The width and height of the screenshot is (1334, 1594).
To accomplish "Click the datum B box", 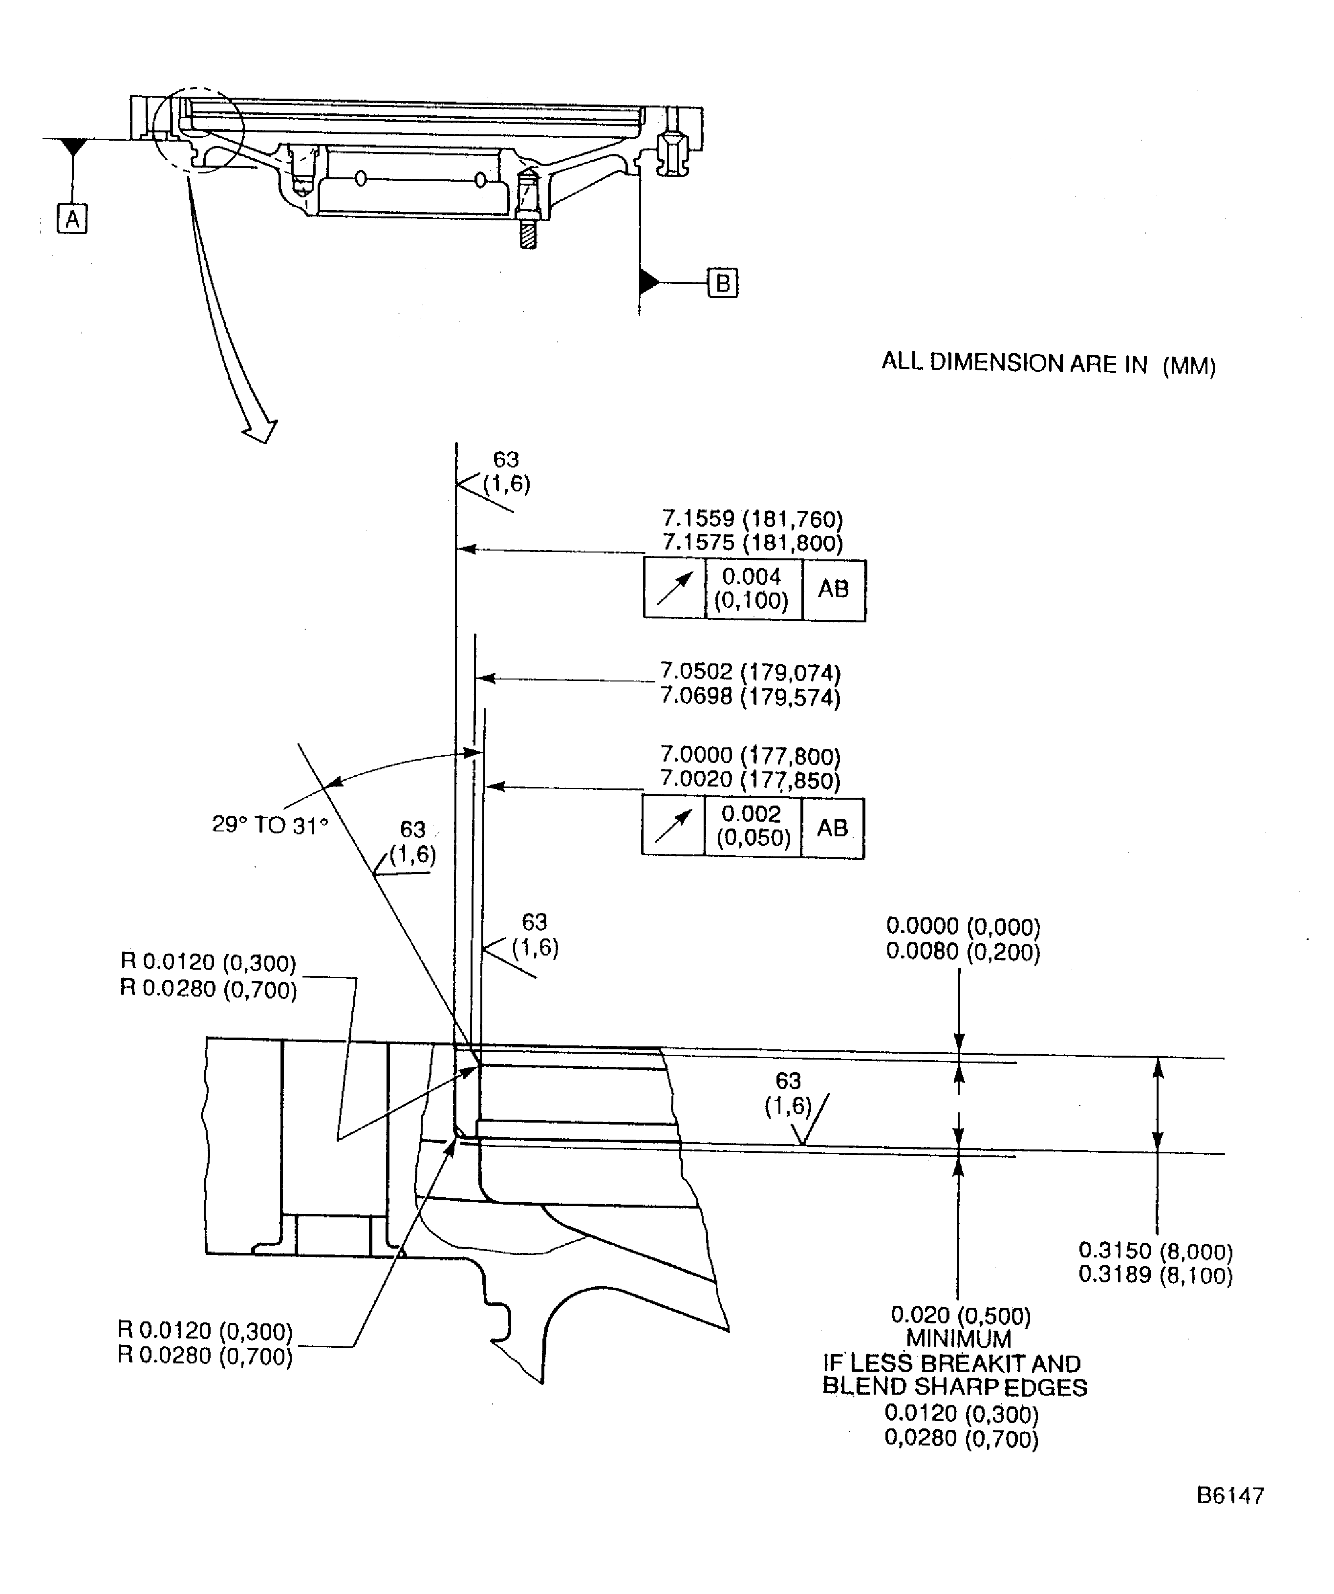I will point(722,283).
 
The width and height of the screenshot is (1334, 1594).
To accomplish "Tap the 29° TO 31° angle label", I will point(270,825).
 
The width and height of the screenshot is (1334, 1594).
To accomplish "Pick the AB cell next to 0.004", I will point(833,590).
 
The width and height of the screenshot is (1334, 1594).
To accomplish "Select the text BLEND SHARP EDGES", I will point(954,1387).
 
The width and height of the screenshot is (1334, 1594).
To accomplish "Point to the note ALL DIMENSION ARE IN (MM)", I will point(1048,363).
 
